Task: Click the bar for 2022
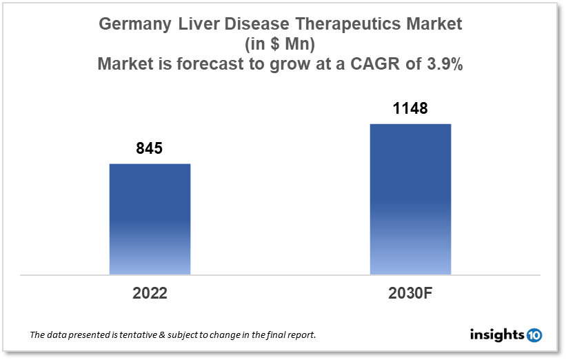point(150,219)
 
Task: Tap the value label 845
point(150,148)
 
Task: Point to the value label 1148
point(410,108)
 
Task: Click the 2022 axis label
point(150,292)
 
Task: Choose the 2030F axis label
point(410,292)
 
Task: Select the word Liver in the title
point(189,24)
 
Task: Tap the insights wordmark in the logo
point(497,335)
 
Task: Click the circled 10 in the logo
point(534,335)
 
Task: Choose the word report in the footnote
point(301,335)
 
